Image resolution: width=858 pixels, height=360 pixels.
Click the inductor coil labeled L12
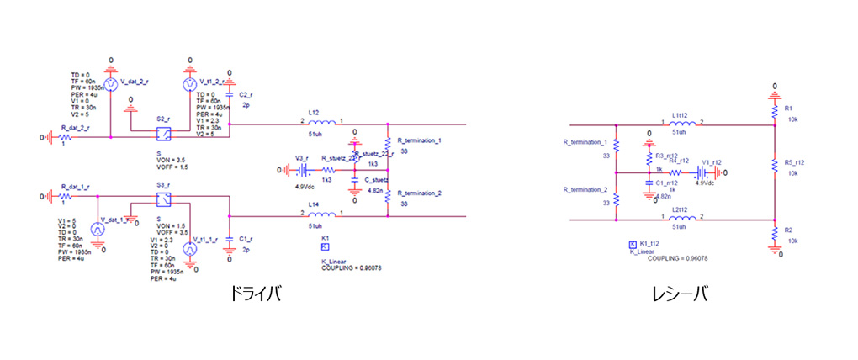point(320,123)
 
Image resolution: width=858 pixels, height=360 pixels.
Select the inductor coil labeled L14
point(320,215)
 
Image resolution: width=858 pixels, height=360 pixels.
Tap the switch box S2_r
point(164,135)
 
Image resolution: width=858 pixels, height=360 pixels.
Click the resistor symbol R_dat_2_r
point(66,137)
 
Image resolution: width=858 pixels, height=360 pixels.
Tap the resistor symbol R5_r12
point(775,166)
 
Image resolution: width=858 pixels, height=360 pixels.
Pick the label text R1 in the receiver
point(788,109)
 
